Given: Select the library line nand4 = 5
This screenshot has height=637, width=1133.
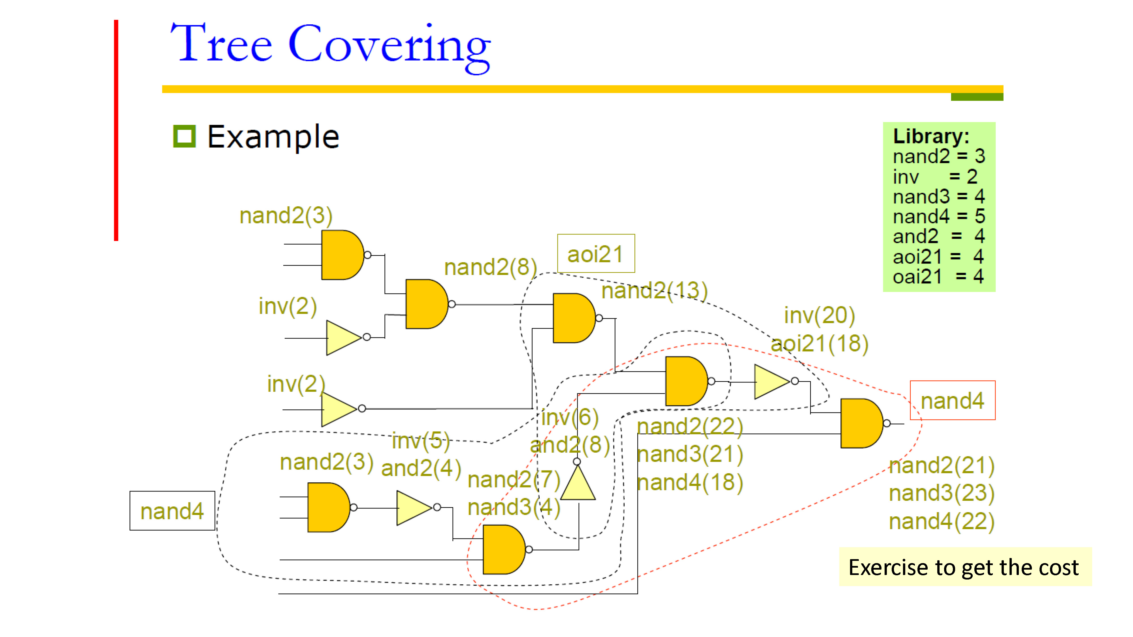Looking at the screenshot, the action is pyautogui.click(x=939, y=216).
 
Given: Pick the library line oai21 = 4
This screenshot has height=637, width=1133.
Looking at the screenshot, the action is pyautogui.click(x=938, y=277).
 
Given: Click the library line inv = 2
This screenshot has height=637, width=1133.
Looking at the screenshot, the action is pyautogui.click(x=935, y=177).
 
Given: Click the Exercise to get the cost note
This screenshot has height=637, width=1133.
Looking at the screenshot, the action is pyautogui.click(x=963, y=567).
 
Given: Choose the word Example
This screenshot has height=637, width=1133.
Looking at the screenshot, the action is pyautogui.click(x=273, y=137).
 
